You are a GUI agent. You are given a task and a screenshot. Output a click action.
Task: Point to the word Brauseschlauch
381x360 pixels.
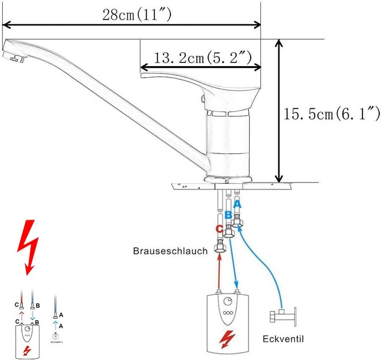170,252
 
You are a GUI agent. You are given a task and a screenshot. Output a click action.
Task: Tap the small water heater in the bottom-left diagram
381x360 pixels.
26,341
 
